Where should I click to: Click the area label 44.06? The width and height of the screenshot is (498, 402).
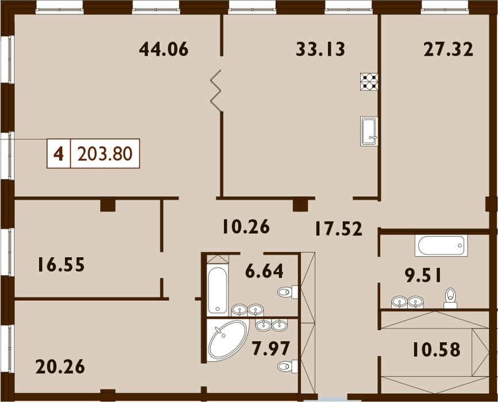[x=164, y=49]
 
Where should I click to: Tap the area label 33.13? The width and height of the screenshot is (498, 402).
[x=321, y=49]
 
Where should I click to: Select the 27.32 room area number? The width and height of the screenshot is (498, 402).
[x=448, y=49]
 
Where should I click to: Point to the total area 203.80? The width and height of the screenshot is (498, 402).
[x=105, y=154]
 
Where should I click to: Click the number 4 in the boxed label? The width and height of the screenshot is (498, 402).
[x=59, y=154]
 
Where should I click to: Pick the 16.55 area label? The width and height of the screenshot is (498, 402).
[x=61, y=265]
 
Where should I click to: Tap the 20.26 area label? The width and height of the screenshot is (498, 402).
[x=60, y=366]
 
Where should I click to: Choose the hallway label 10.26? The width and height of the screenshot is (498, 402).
[x=246, y=226]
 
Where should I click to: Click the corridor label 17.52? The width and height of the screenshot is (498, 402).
[x=338, y=229]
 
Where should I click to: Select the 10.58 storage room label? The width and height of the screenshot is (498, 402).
[x=437, y=349]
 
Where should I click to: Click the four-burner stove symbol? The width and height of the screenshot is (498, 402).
[x=369, y=82]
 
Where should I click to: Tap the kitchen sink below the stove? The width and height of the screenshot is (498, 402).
[x=369, y=131]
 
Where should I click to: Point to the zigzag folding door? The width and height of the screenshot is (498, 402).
[x=215, y=91]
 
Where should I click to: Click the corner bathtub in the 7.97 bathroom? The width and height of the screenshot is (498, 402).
[x=227, y=341]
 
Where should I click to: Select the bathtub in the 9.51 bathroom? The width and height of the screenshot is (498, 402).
[x=441, y=245]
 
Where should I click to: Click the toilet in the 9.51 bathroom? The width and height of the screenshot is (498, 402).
[x=450, y=298]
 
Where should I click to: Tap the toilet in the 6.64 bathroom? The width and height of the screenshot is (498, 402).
[x=288, y=292]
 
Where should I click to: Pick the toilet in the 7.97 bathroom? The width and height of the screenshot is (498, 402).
[x=288, y=366]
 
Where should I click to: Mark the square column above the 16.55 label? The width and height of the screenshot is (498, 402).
[x=107, y=204]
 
